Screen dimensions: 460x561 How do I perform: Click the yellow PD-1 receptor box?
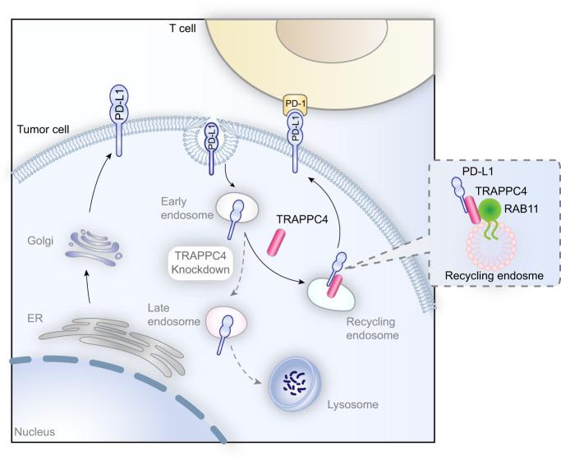[293, 103]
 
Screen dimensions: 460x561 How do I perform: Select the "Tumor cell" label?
[39, 131]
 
